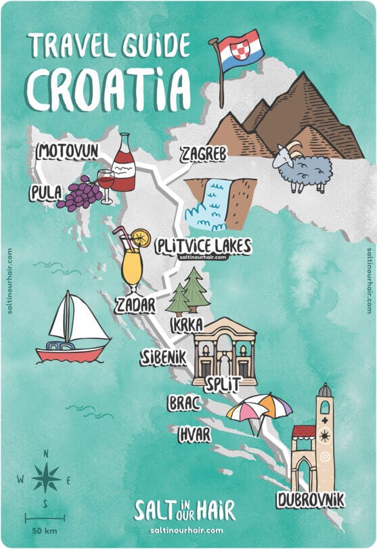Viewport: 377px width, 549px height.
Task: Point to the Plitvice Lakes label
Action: click(202, 245)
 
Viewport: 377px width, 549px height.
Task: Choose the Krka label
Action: click(187, 326)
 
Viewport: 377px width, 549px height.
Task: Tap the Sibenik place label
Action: click(163, 357)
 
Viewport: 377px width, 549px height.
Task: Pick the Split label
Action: click(223, 384)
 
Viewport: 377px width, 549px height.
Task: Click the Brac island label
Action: click(184, 404)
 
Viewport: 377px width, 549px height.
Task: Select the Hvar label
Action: click(195, 434)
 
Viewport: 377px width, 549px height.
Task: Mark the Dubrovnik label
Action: click(310, 500)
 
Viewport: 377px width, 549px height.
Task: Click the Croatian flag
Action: click(237, 52)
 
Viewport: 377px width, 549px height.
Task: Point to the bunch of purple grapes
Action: click(79, 194)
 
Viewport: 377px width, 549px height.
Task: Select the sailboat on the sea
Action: click(73, 327)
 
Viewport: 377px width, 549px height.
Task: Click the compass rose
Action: click(45, 479)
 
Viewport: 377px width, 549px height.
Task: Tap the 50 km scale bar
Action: click(45, 519)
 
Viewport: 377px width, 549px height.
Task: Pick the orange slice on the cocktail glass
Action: click(141, 238)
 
